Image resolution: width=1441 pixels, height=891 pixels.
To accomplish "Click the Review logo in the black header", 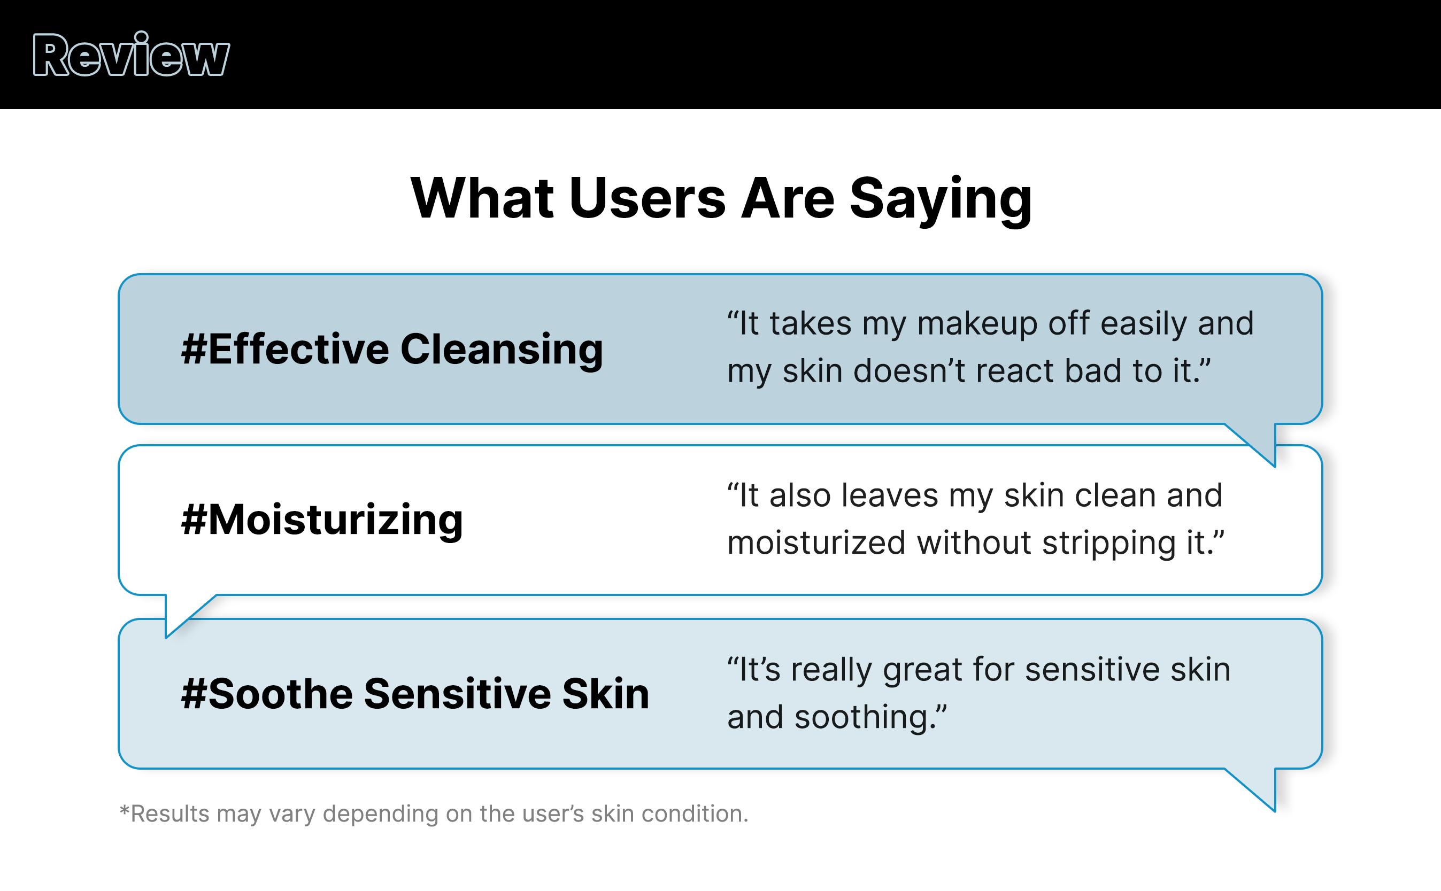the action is pyautogui.click(x=131, y=54).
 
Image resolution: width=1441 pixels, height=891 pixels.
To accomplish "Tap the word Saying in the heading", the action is pyautogui.click(x=941, y=200).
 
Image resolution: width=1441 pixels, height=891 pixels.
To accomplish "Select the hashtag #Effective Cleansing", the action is pyautogui.click(x=392, y=350).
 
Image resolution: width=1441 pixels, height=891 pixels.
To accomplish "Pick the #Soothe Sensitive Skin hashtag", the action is pyautogui.click(x=415, y=694).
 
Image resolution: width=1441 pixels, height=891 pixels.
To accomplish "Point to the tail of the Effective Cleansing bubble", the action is pyautogui.click(x=1259, y=443).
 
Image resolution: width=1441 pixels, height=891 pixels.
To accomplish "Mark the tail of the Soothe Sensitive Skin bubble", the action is pyautogui.click(x=1259, y=788).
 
